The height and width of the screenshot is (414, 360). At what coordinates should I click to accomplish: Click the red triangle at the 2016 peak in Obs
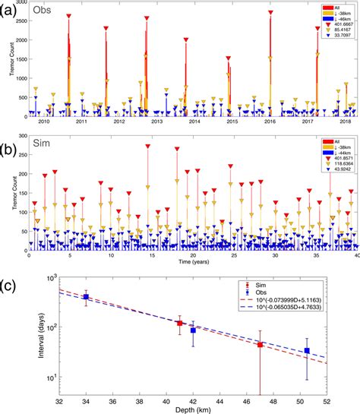(x=270, y=13)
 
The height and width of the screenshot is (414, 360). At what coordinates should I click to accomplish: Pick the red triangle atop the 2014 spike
(x=186, y=40)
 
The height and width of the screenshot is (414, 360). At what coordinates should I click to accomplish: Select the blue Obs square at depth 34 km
(x=87, y=297)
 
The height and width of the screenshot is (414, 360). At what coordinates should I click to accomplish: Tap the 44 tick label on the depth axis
(x=229, y=397)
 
